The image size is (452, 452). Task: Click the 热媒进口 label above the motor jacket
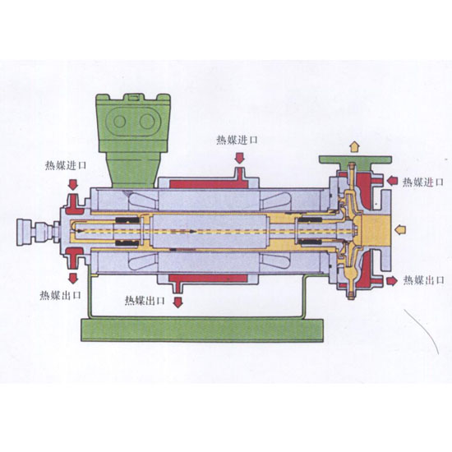[237, 141]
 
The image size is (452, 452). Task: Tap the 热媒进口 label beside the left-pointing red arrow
[422, 182]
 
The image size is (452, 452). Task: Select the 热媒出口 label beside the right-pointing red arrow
[424, 280]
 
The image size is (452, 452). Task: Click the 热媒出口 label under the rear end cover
[60, 295]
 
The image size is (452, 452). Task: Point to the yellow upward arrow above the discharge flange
[354, 146]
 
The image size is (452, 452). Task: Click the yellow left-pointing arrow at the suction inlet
[400, 229]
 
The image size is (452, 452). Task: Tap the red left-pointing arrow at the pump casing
[392, 181]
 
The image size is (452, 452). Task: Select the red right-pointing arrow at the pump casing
[392, 281]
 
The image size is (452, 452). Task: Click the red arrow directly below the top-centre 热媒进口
[239, 159]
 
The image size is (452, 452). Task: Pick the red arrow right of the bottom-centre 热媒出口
[178, 302]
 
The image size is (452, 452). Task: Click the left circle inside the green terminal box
[119, 122]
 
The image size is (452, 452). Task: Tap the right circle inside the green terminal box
[147, 122]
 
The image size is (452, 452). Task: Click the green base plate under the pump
[202, 330]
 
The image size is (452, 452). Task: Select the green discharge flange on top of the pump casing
[355, 159]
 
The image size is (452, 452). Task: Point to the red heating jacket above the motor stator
[210, 183]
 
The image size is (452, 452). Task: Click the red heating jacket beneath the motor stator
[208, 279]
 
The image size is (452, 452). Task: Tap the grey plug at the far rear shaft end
[25, 232]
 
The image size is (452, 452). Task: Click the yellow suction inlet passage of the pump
[376, 229]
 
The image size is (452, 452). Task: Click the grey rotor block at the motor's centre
[210, 231]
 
